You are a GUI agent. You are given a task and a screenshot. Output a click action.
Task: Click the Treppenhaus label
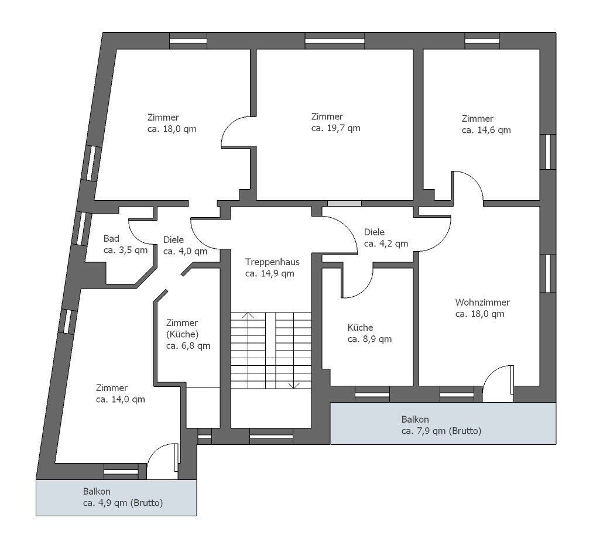point(272,262)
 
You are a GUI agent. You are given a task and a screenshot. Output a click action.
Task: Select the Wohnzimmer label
point(482,303)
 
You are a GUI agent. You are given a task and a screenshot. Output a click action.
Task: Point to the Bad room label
point(111,239)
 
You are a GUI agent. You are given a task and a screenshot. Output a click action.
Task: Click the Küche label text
point(360,328)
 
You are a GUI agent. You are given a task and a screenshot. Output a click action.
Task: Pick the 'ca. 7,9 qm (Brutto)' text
point(441,431)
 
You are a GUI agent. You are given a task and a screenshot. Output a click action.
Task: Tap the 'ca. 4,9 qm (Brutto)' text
point(122,503)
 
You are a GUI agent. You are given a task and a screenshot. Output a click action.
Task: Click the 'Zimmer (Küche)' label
point(182,329)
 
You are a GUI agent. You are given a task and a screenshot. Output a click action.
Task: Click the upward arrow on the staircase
point(248,316)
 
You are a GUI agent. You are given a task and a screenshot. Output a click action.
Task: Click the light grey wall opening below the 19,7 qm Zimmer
point(344,203)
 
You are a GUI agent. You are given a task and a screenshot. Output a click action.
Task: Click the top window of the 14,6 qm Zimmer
point(482,41)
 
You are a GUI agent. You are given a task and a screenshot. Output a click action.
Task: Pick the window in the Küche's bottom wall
point(372,395)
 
